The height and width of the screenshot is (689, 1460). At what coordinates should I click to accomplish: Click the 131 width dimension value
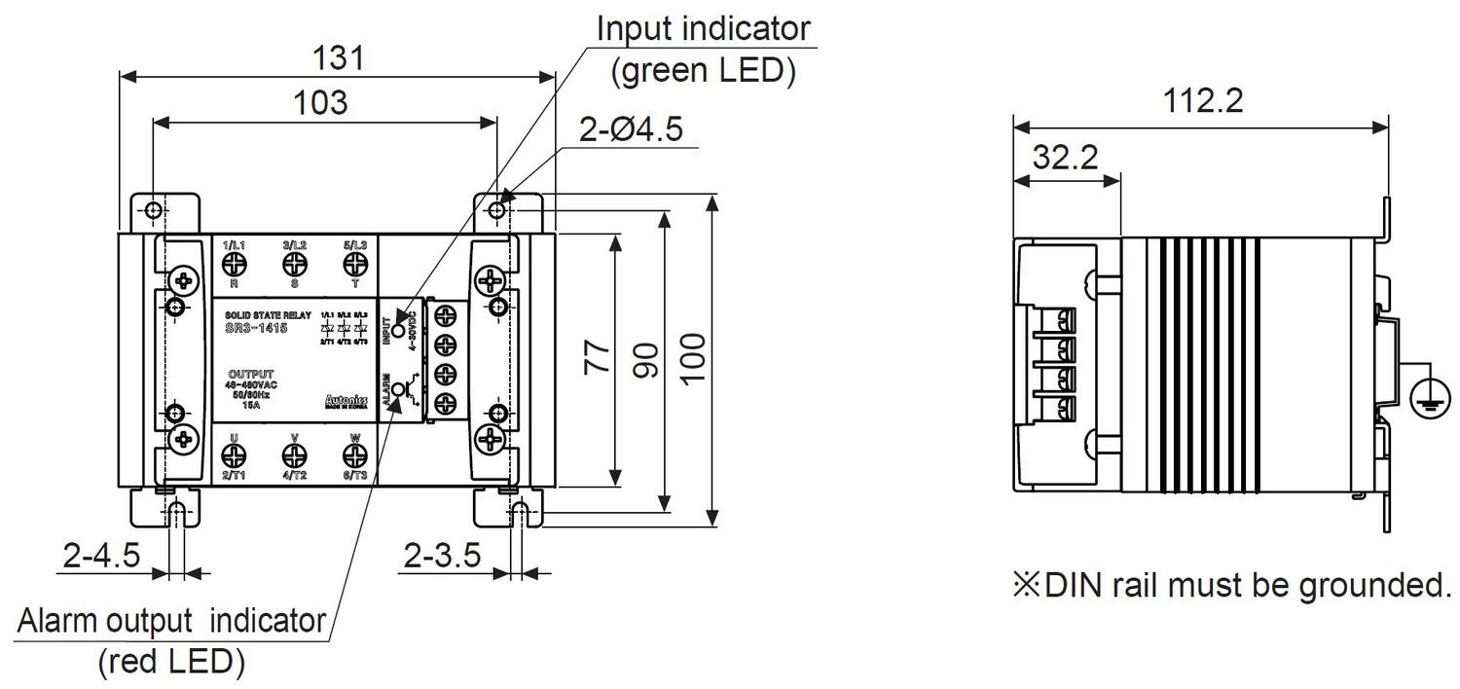339,58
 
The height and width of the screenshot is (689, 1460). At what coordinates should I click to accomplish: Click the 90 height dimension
645,358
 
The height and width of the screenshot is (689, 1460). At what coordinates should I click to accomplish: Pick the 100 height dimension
693,358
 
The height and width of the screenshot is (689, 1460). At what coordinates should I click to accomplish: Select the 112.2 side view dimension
1203,100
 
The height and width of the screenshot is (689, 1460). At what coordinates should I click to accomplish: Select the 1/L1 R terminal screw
235,264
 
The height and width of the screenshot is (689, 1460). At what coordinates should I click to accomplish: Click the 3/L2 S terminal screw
294,264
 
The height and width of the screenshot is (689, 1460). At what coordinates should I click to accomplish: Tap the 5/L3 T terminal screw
354,264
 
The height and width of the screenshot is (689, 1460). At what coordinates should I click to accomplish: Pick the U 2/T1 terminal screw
235,453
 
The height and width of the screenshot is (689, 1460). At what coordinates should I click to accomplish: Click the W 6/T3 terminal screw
354,453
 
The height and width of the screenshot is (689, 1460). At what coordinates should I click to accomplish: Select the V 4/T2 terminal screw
294,453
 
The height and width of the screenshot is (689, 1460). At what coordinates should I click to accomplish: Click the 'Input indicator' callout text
703,28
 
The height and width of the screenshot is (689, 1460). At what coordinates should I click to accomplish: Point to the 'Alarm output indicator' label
171,620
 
